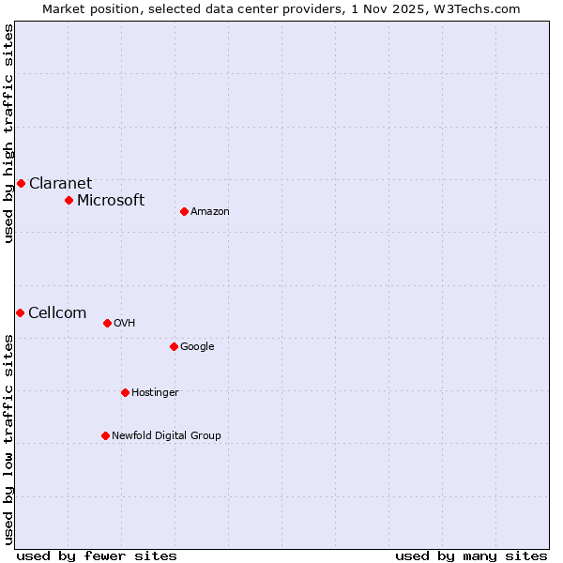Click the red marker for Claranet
(x=21, y=183)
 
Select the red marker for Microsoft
(x=68, y=200)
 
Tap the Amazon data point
(x=184, y=211)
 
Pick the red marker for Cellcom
(x=20, y=312)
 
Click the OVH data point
(x=107, y=323)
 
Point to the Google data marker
(x=174, y=346)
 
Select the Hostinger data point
(x=125, y=392)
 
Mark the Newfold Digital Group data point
(x=105, y=435)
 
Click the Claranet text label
(x=60, y=184)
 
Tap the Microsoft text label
(x=111, y=201)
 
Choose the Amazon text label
(x=209, y=212)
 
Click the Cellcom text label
(x=57, y=313)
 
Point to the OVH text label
(x=124, y=324)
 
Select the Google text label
(x=197, y=347)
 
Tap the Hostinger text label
(x=155, y=393)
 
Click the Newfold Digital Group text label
(x=166, y=436)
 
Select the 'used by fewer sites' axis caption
(x=97, y=555)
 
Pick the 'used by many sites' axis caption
(x=471, y=555)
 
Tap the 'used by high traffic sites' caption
(x=8, y=133)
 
